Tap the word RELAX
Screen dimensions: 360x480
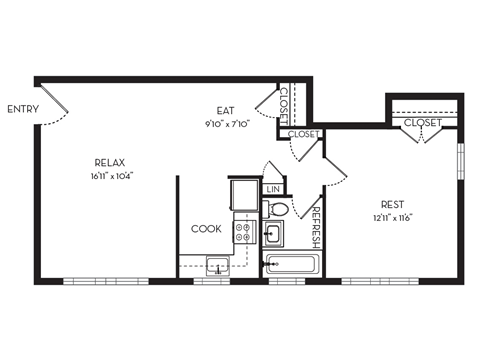pos(110,162)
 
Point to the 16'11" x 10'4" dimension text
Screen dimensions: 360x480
pos(110,175)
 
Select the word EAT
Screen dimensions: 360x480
pos(226,111)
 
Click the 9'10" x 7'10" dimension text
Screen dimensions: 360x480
pos(226,124)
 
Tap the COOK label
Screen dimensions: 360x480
pos(206,229)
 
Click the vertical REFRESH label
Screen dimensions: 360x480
pos(316,228)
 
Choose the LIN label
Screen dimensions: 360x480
pos(272,188)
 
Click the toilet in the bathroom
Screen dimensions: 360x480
pos(278,210)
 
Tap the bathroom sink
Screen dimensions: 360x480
pos(273,234)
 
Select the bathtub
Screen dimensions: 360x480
pos(292,265)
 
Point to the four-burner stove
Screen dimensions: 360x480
pos(244,233)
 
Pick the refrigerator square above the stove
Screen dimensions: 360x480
pos(243,194)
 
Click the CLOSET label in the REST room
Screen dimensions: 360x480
pos(423,122)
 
